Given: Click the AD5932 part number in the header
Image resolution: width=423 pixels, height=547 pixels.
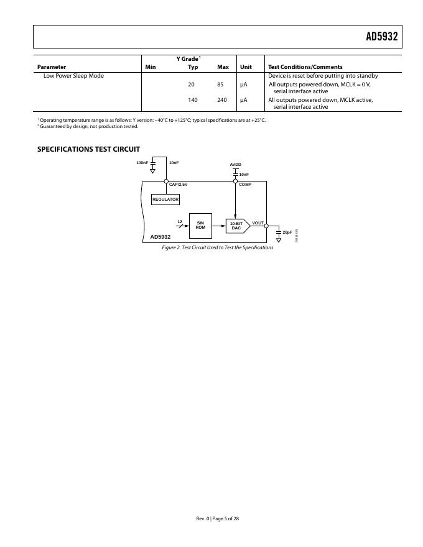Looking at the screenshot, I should click(381, 37).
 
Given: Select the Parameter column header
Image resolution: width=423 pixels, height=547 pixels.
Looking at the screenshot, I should click(52, 67).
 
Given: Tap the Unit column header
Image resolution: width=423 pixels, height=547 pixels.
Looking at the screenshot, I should click(246, 67).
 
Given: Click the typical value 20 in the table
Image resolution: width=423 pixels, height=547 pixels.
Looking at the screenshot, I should click(192, 84).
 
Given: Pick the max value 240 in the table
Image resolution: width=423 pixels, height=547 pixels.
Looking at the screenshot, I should click(222, 100).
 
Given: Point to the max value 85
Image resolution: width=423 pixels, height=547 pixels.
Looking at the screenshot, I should click(220, 84).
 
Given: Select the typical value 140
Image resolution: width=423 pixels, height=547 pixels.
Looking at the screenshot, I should click(193, 100).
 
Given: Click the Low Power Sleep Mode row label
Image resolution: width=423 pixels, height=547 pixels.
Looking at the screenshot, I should click(73, 76).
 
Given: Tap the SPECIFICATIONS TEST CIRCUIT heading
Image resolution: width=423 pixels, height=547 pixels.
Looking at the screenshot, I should click(88, 149).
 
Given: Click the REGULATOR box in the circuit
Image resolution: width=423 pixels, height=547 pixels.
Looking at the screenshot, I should click(165, 200).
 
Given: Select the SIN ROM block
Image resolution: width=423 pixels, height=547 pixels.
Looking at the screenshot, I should click(200, 225).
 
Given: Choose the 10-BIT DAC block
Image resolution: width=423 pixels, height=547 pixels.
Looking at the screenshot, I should click(236, 226).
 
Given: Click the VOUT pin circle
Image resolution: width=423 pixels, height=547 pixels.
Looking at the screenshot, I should click(266, 226).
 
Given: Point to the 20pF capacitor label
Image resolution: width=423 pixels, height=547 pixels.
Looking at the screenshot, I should click(287, 232).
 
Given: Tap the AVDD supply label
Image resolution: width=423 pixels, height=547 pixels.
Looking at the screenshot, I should click(235, 165).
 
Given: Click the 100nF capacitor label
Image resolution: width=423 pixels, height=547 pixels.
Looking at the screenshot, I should click(142, 163).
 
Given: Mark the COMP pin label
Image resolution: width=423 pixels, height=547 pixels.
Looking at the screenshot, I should click(245, 185).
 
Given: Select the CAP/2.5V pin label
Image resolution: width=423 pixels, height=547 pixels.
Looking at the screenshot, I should click(179, 185).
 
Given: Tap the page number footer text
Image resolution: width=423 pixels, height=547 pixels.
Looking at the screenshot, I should click(217, 518).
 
